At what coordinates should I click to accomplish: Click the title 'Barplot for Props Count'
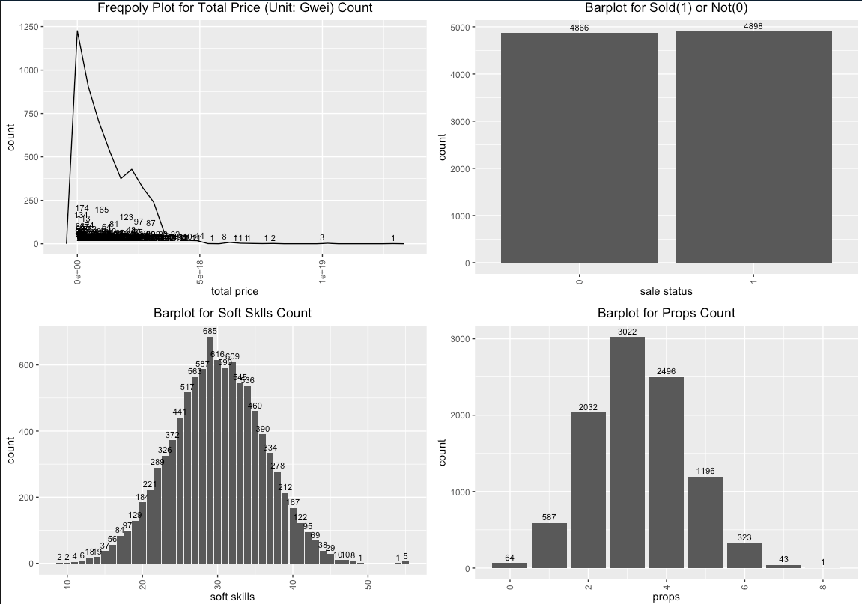(666, 313)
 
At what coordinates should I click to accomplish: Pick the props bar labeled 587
(549, 546)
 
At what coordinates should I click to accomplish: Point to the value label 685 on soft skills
(210, 331)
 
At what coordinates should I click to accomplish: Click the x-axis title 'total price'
(234, 291)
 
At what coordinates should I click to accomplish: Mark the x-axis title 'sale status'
(666, 291)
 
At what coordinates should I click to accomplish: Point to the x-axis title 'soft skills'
(231, 597)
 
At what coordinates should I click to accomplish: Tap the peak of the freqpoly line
(77, 31)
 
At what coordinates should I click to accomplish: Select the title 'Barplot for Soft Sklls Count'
(232, 313)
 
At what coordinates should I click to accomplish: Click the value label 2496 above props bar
(666, 371)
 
